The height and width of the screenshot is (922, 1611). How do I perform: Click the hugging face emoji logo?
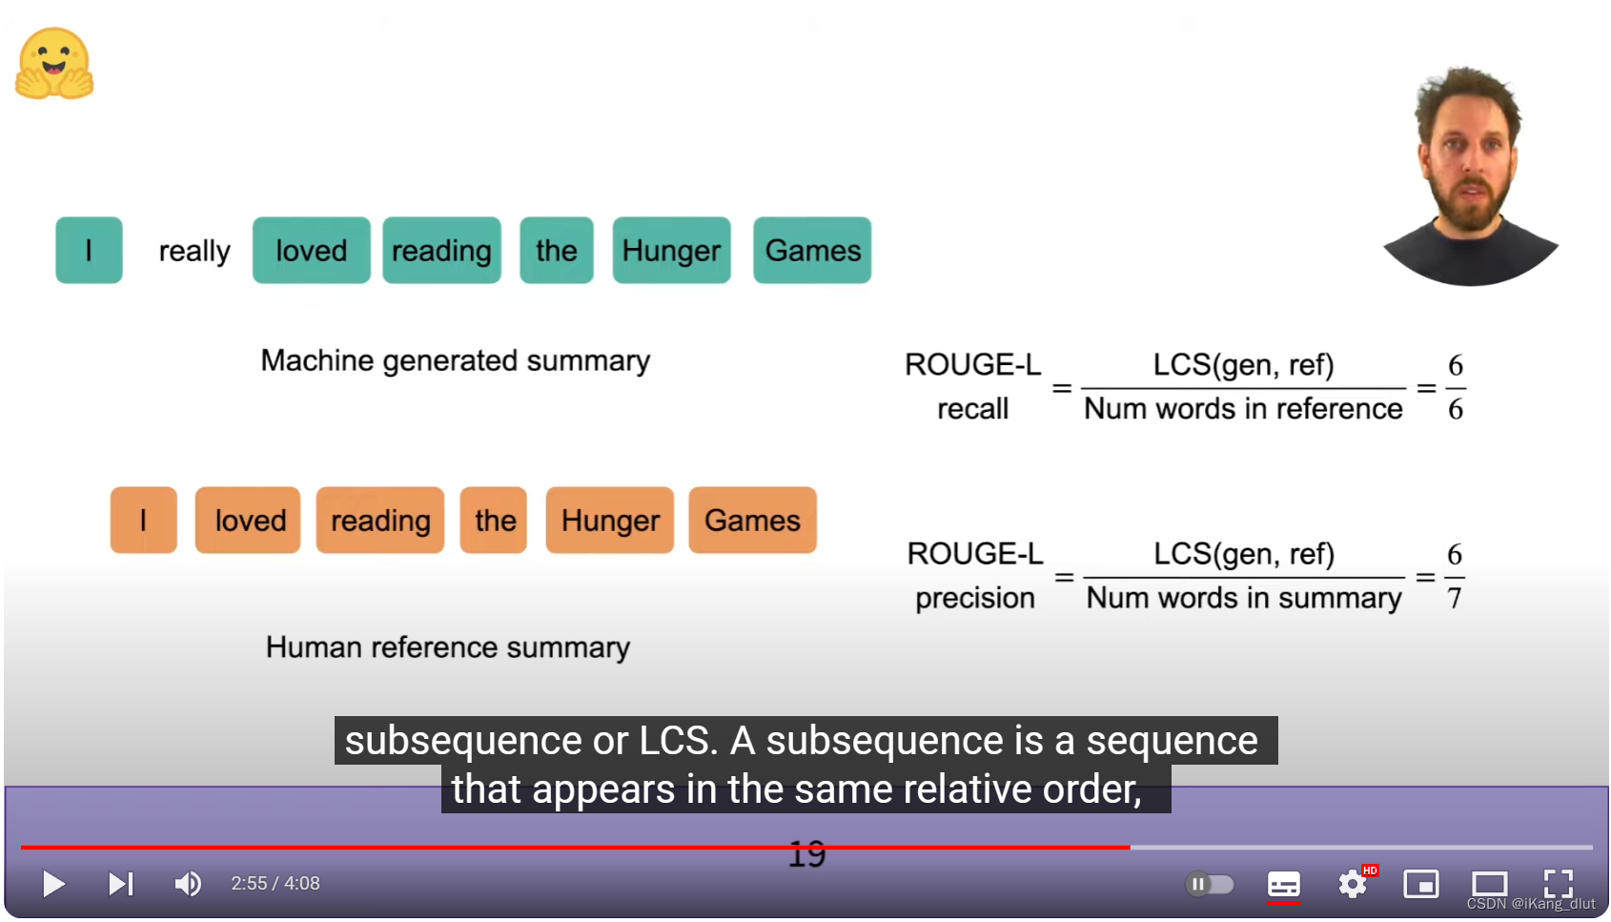pyautogui.click(x=54, y=64)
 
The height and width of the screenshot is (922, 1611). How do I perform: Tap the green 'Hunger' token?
pyautogui.click(x=671, y=251)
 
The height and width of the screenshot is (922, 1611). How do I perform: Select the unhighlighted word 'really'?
pyautogui.click(x=194, y=251)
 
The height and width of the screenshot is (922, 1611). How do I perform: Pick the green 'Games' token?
pyautogui.click(x=812, y=251)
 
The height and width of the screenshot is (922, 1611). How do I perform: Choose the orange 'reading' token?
pyautogui.click(x=380, y=521)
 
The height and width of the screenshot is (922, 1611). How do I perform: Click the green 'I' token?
pyautogui.click(x=89, y=251)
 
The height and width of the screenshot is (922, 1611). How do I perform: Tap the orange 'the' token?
pyautogui.click(x=494, y=521)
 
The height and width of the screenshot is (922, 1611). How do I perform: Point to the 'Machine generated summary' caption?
pyautogui.click(x=456, y=360)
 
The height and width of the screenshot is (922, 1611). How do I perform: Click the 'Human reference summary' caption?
pyautogui.click(x=448, y=647)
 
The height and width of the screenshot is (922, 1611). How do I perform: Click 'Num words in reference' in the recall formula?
pyautogui.click(x=1243, y=409)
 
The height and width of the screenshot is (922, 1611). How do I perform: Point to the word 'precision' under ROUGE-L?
pyautogui.click(x=975, y=598)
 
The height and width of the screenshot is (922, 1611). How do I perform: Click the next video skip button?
pyautogui.click(x=121, y=884)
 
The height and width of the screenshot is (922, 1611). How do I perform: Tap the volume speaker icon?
pyautogui.click(x=188, y=884)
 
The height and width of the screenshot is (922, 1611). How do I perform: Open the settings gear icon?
pyautogui.click(x=1352, y=884)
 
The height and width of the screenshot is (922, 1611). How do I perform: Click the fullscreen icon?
pyautogui.click(x=1558, y=884)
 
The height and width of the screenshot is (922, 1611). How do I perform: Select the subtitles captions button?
pyautogui.click(x=1283, y=884)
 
